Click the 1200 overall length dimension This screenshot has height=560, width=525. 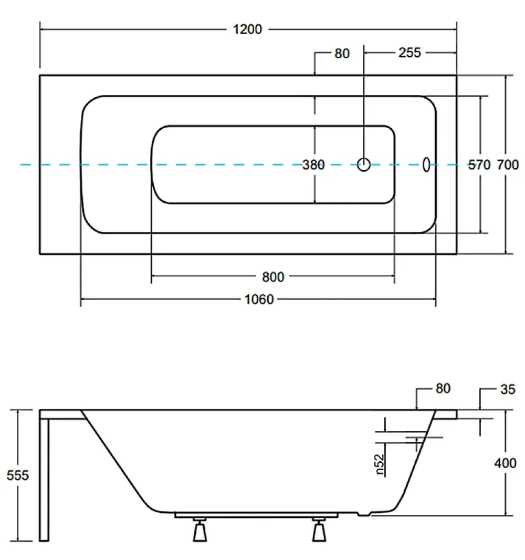click(x=247, y=29)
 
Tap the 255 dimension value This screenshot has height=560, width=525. click(x=409, y=53)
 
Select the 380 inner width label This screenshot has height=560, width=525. click(x=313, y=164)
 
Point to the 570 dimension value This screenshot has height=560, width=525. click(x=479, y=164)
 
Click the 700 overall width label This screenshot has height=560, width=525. click(x=508, y=164)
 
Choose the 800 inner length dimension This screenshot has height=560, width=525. click(x=273, y=277)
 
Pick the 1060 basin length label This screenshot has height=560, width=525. click(x=259, y=299)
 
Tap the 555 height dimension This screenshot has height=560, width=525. click(x=17, y=475)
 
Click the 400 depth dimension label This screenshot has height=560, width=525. click(x=505, y=463)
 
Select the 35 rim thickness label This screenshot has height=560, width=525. click(x=508, y=389)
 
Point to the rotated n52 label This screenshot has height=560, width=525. click(x=380, y=464)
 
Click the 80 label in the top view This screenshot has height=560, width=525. click(x=342, y=54)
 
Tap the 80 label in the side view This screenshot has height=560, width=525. click(x=443, y=389)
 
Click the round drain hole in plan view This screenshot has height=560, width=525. click(x=364, y=164)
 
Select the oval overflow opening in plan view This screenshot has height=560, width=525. click(x=426, y=164)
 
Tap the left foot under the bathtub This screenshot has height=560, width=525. click(x=200, y=529)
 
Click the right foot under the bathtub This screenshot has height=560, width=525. click(x=319, y=529)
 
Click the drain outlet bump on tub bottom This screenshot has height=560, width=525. click(x=364, y=514)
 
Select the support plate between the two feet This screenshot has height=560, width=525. click(x=256, y=515)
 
